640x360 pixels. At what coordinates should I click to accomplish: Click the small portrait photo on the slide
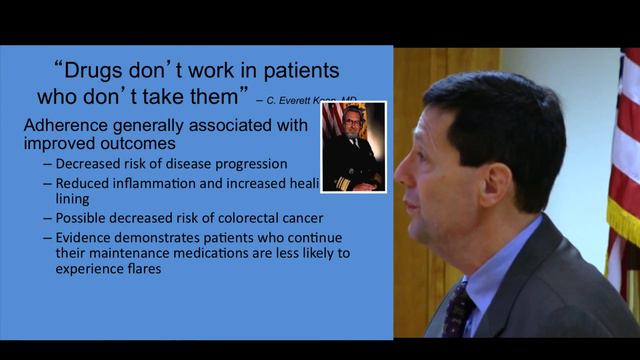(x=353, y=146)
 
